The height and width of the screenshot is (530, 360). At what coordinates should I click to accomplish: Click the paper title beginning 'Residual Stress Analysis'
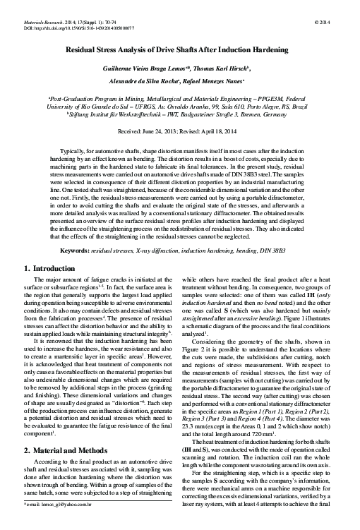point(180,52)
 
